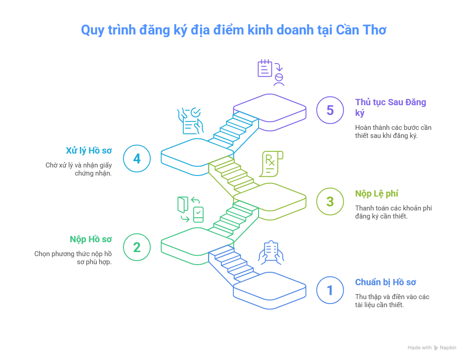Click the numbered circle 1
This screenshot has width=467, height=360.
click(330, 291)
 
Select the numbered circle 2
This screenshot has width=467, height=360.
click(137, 247)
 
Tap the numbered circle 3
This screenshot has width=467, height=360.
click(330, 201)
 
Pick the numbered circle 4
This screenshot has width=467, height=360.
click(137, 159)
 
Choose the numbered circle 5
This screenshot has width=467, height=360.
click(330, 110)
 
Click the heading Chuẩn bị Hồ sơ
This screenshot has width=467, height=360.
click(386, 282)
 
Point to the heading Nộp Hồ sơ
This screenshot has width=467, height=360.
click(91, 239)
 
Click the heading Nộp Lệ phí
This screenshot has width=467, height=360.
click(377, 193)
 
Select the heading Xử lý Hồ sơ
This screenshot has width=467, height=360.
click(89, 150)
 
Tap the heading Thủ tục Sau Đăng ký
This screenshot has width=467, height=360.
click(390, 107)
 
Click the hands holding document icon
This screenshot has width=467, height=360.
click(272, 253)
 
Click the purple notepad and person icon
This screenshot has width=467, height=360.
click(271, 72)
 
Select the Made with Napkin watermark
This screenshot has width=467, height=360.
click(432, 347)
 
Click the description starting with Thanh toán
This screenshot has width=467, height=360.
click(393, 212)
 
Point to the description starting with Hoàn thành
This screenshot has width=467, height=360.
click(393, 131)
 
